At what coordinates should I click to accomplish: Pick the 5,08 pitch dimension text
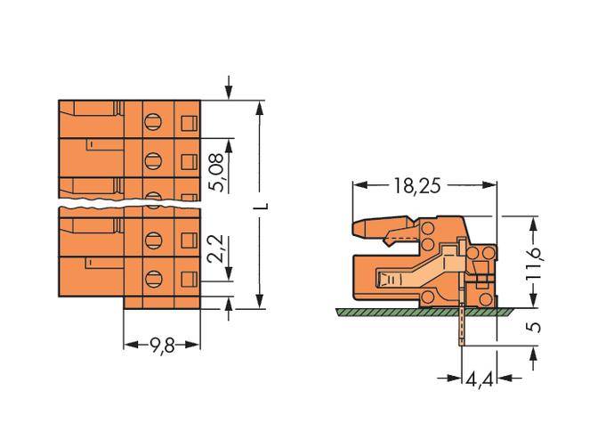click(215, 169)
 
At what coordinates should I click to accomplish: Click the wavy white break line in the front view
click(129, 206)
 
